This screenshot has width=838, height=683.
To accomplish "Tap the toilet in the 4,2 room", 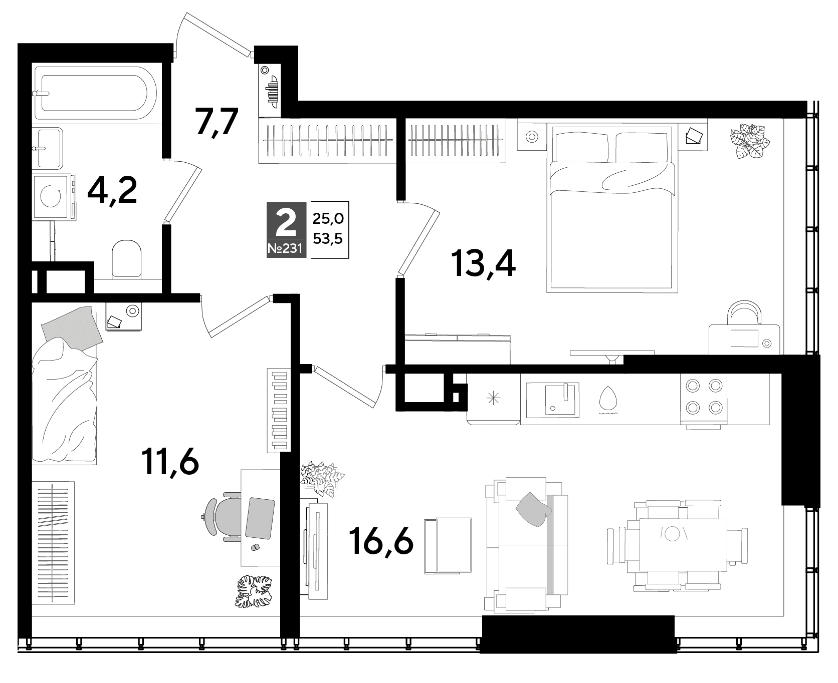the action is [x=126, y=258].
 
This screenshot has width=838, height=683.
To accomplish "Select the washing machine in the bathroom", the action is [x=54, y=196].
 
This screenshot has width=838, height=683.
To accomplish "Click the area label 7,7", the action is [x=216, y=122].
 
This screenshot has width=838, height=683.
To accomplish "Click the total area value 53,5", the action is [x=328, y=239].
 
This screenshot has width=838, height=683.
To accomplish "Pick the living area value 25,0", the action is [x=328, y=218].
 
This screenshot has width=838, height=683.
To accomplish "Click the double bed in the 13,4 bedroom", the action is [x=611, y=209].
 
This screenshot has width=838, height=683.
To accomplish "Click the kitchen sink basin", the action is [x=555, y=400].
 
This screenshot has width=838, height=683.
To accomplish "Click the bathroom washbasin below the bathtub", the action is [x=48, y=147].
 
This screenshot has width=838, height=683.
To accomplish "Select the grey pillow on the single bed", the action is [x=72, y=326].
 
